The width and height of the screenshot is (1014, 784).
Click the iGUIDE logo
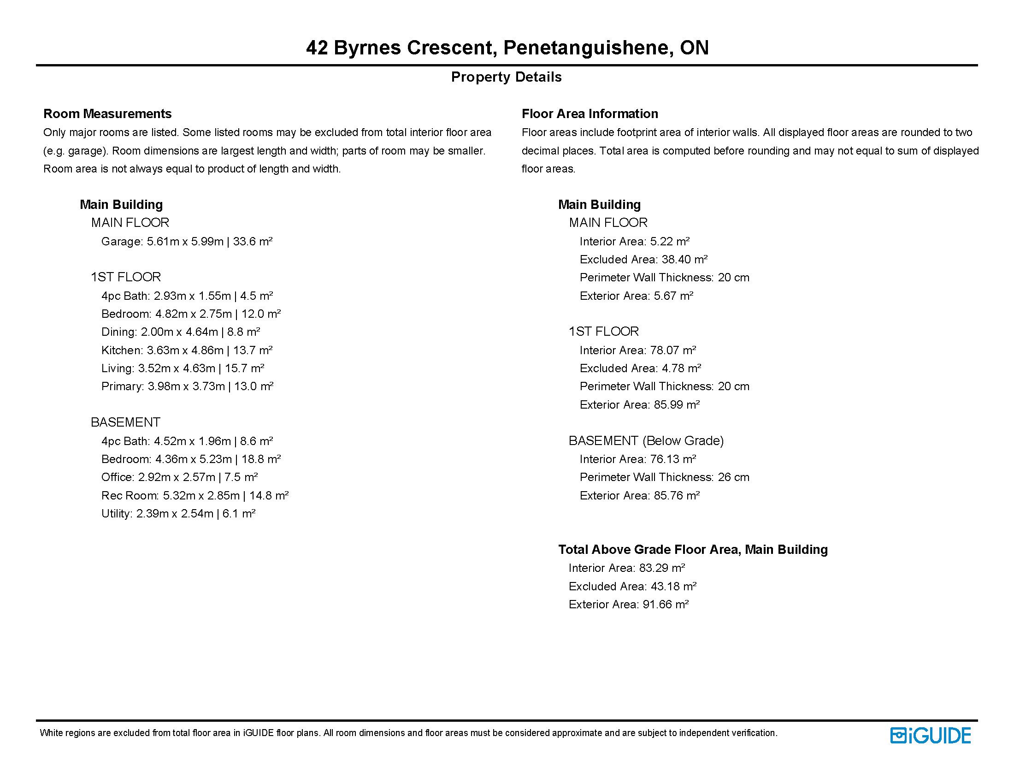click(931, 735)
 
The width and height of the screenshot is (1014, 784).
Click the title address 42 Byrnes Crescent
click(507, 48)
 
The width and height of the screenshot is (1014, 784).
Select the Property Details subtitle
click(506, 77)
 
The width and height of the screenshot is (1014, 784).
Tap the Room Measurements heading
click(107, 114)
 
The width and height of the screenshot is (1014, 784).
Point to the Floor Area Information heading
click(590, 114)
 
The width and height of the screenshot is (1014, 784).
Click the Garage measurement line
click(187, 242)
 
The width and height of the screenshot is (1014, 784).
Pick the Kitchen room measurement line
click(187, 350)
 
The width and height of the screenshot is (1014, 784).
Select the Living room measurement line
click(183, 368)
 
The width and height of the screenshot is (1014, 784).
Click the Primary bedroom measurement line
click(187, 386)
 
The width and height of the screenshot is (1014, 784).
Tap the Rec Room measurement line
click(195, 496)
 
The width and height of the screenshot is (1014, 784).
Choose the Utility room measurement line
click(178, 514)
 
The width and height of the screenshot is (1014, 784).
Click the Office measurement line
click(179, 477)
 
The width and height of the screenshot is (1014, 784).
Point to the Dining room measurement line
click(181, 332)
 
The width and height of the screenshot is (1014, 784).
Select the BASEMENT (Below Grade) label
click(646, 441)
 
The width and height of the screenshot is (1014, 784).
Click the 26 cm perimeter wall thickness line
click(664, 477)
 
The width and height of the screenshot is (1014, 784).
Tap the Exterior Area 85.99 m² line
click(639, 405)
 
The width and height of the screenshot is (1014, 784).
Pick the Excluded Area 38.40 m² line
click(643, 260)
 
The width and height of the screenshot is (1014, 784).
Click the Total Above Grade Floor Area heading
click(693, 550)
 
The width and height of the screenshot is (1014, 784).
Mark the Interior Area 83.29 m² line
click(627, 568)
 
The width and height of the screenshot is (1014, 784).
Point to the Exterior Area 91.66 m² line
click(628, 605)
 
